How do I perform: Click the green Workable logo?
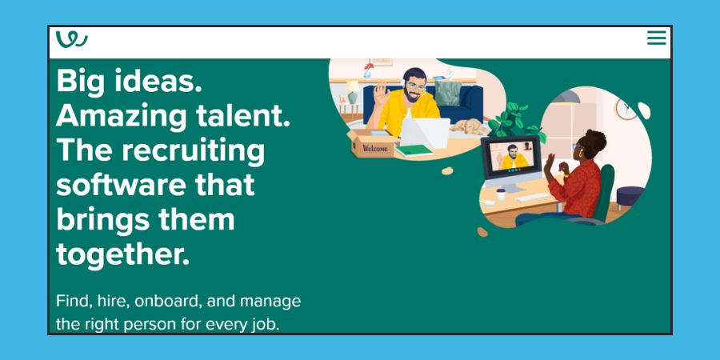click(x=72, y=38)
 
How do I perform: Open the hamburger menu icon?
click(x=656, y=38)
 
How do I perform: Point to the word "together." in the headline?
click(x=122, y=254)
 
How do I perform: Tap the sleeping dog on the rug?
click(x=467, y=126)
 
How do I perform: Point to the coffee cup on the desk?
click(x=501, y=194)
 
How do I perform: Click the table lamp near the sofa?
click(x=352, y=90)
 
